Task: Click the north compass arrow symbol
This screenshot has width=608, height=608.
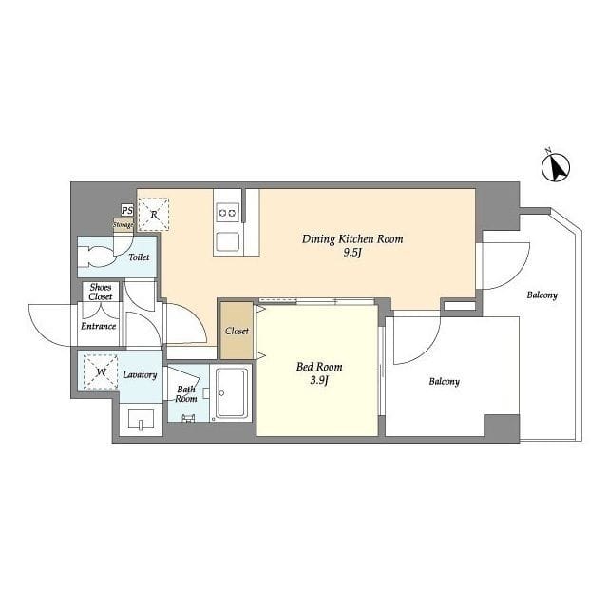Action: click(556, 167)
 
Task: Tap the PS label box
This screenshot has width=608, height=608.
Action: click(126, 211)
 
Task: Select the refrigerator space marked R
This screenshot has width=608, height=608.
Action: click(154, 214)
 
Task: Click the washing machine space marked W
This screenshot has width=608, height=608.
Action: click(101, 371)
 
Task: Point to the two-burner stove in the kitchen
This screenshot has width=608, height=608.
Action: click(228, 213)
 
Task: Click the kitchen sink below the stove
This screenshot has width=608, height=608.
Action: click(228, 242)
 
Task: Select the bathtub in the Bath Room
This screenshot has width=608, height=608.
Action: click(232, 393)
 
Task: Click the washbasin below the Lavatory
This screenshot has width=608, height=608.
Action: click(141, 419)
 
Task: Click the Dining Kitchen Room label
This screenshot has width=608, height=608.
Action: click(352, 238)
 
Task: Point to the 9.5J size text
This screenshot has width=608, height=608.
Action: click(352, 254)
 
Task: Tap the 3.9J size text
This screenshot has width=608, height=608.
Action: click(319, 381)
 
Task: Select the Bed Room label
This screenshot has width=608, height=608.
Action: click(319, 367)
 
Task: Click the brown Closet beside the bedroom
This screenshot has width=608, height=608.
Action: click(237, 331)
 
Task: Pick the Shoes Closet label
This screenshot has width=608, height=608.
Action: click(101, 292)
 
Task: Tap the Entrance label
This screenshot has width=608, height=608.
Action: click(99, 326)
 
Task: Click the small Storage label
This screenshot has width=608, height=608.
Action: click(123, 225)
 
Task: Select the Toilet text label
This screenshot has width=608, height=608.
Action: click(139, 257)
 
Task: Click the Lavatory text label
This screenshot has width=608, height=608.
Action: click(140, 375)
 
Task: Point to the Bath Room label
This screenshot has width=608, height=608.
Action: click(186, 393)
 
